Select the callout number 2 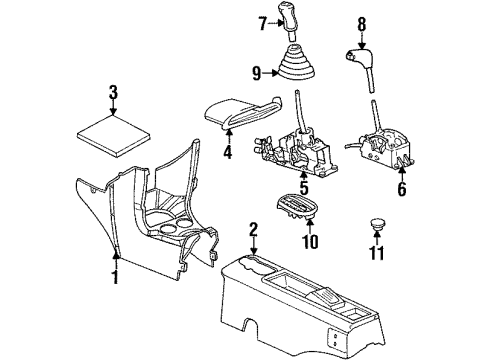coord(254,232)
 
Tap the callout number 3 coord(113,93)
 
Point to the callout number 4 coord(228,153)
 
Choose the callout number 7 coord(263,22)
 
